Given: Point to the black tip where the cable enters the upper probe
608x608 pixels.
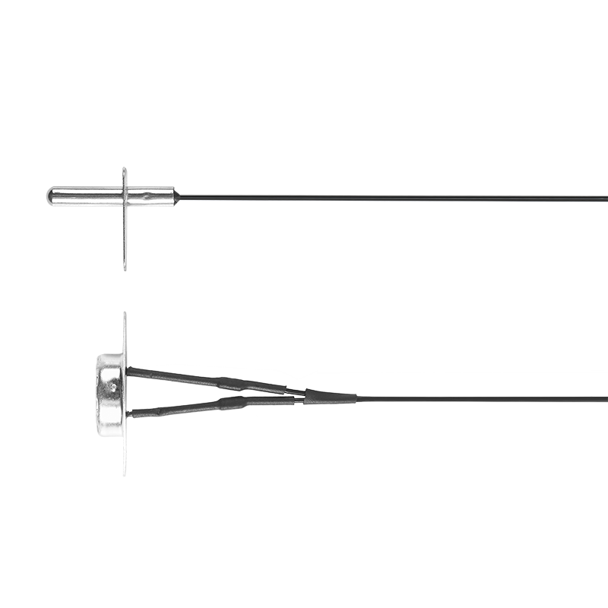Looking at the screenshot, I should (x=176, y=201).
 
